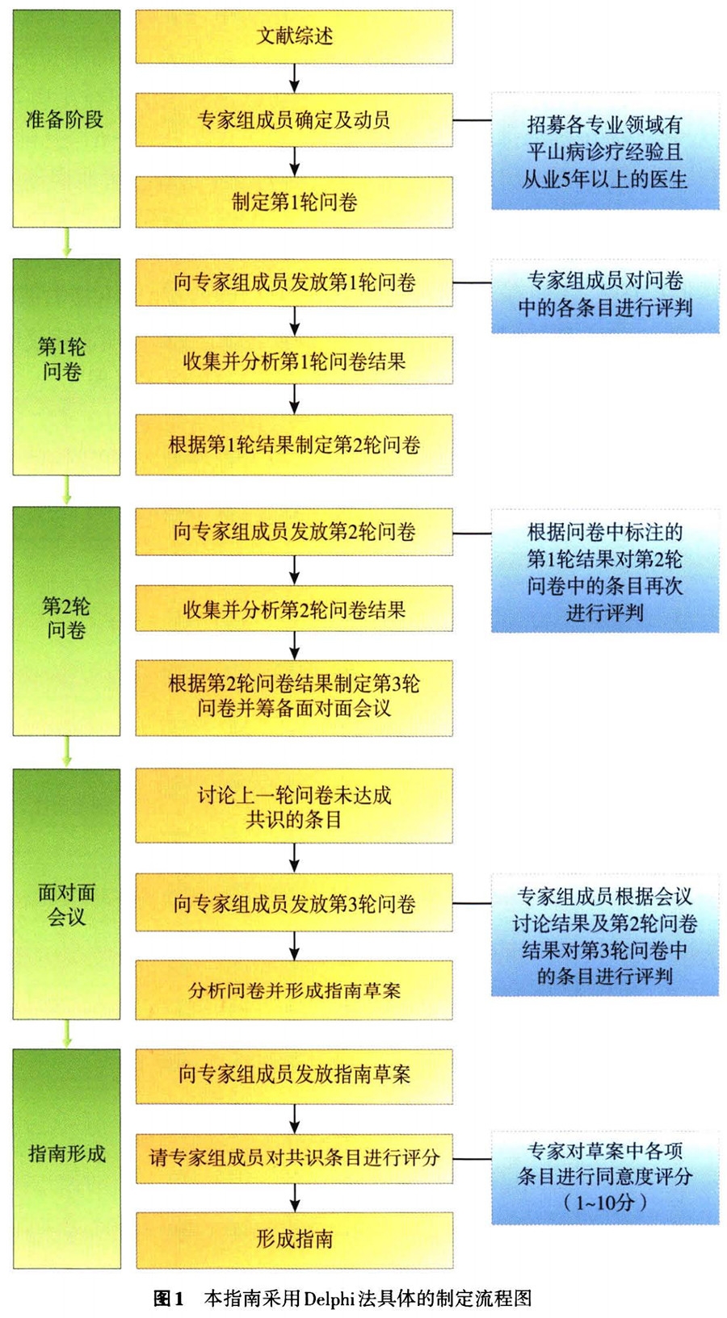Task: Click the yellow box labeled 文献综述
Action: pos(294,36)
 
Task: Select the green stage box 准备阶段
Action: pos(66,119)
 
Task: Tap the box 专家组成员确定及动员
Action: pos(294,120)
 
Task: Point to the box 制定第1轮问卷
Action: pos(294,202)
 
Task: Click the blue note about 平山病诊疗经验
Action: pos(605,152)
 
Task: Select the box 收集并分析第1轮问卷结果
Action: pos(294,362)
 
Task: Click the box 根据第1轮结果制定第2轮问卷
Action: pos(294,445)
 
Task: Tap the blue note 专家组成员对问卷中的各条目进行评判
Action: pos(605,295)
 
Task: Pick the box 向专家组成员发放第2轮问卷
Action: pos(294,532)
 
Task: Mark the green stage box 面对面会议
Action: pos(66,893)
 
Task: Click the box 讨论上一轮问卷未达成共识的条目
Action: pos(294,806)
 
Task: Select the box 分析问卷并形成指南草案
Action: pos(294,990)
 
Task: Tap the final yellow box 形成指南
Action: pos(294,1239)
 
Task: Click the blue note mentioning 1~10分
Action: pos(605,1178)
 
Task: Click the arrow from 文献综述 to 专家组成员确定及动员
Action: pos(294,78)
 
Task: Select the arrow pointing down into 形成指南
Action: pos(294,1198)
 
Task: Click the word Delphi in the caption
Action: pos(329,1298)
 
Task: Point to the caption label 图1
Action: pos(169,1298)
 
